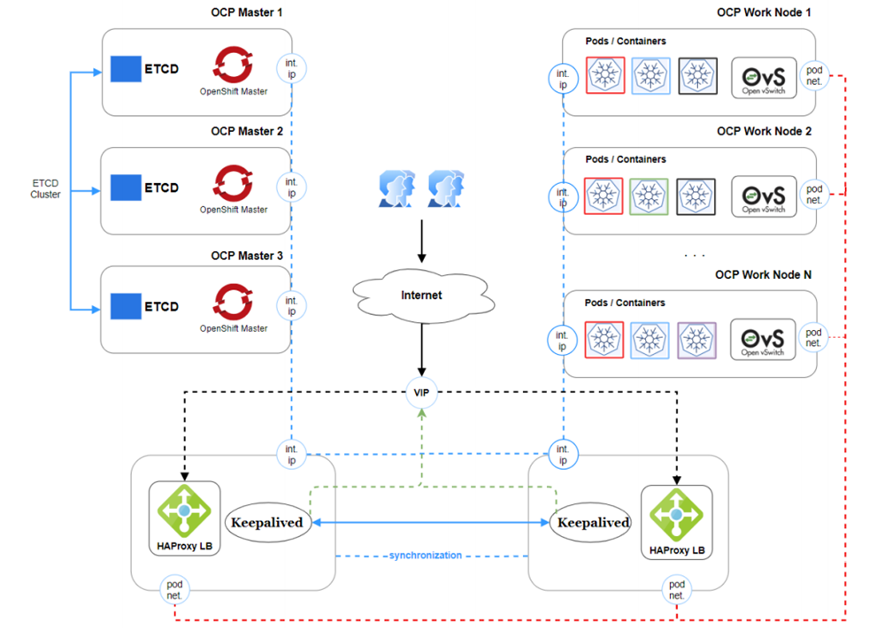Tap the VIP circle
[422, 390]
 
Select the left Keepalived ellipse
[266, 522]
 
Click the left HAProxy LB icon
[184, 510]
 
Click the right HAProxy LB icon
[677, 514]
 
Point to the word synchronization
[425, 555]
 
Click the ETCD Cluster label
[45, 188]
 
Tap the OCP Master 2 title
[247, 131]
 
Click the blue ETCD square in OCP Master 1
[126, 68]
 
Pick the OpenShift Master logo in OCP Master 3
[234, 302]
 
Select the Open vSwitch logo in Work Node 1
[764, 78]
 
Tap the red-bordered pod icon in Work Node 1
[604, 76]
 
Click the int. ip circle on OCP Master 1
[291, 69]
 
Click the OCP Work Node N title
[763, 275]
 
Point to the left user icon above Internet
[396, 190]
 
